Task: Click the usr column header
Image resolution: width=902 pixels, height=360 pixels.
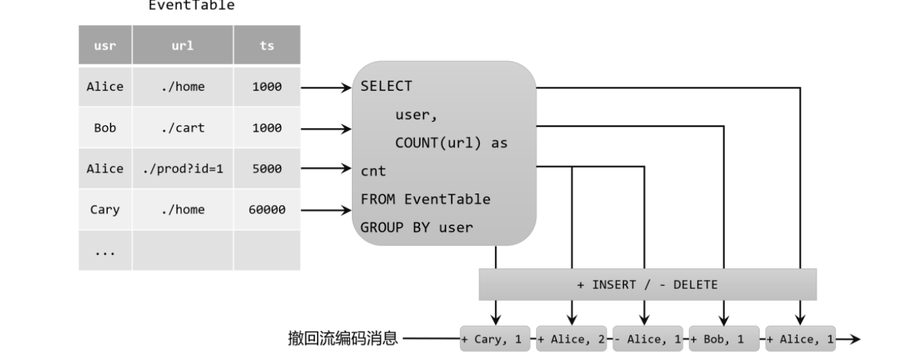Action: pyautogui.click(x=105, y=46)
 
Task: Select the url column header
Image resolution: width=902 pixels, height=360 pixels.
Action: pyautogui.click(x=183, y=46)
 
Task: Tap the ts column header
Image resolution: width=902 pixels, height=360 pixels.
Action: pyautogui.click(x=267, y=46)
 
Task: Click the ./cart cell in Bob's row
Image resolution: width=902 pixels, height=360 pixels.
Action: pyautogui.click(x=183, y=128)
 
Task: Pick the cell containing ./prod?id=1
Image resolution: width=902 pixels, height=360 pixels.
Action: pyautogui.click(x=183, y=169)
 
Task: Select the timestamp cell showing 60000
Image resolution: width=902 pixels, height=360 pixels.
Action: pyautogui.click(x=267, y=210)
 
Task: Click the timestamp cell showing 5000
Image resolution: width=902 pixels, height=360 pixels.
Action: pyautogui.click(x=267, y=169)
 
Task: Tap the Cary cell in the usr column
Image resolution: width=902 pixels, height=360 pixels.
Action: pyautogui.click(x=105, y=210)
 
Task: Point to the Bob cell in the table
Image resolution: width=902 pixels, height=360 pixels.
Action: pyautogui.click(x=105, y=128)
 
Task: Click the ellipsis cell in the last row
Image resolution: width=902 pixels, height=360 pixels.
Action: pyautogui.click(x=105, y=251)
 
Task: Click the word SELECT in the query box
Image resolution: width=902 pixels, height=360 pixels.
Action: pyautogui.click(x=386, y=86)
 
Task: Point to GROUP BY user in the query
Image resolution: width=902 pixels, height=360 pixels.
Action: pyautogui.click(x=417, y=227)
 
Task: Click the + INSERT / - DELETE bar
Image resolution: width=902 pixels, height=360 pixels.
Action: pyautogui.click(x=647, y=284)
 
